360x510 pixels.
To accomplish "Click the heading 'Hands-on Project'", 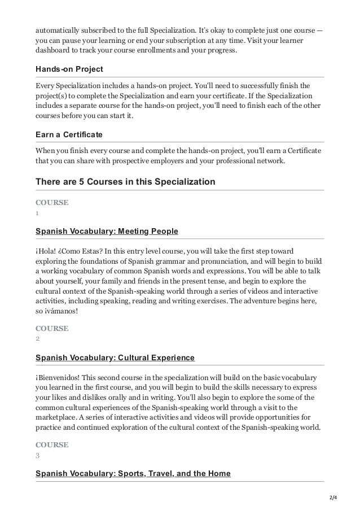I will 69,69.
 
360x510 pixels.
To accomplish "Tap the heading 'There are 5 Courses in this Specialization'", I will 125,182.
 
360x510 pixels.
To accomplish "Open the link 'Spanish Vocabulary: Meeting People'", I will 107,231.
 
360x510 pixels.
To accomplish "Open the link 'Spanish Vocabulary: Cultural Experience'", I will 115,358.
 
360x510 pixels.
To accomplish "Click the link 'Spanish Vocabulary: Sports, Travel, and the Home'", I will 133,473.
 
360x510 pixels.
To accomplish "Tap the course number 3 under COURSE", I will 37,455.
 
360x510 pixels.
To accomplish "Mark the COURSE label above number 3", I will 52,444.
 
